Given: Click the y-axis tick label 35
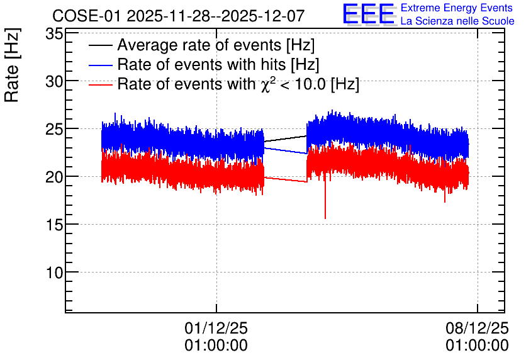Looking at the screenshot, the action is (x=54, y=34).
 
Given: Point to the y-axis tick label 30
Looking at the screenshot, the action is (x=54, y=82).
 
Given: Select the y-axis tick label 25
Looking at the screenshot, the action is (x=54, y=129).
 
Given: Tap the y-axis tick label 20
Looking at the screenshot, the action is (x=54, y=177).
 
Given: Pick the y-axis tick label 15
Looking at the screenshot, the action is (x=54, y=225).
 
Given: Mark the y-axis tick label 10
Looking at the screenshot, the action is (x=54, y=273).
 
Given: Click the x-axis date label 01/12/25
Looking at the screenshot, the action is (x=216, y=328).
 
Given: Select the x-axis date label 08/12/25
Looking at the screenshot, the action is (x=477, y=328).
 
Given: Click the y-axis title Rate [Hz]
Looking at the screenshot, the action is (x=12, y=65).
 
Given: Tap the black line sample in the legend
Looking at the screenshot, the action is (x=100, y=45).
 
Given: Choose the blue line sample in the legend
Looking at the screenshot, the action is (x=100, y=65).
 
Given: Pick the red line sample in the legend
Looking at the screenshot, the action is (x=100, y=84).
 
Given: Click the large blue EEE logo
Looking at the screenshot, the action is (x=369, y=14).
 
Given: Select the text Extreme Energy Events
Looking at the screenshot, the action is (x=457, y=8).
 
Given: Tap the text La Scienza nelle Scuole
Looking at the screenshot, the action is (x=457, y=21).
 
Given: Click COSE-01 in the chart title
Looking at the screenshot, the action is (x=86, y=16).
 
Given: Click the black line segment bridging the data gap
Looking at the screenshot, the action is (x=285, y=139).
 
